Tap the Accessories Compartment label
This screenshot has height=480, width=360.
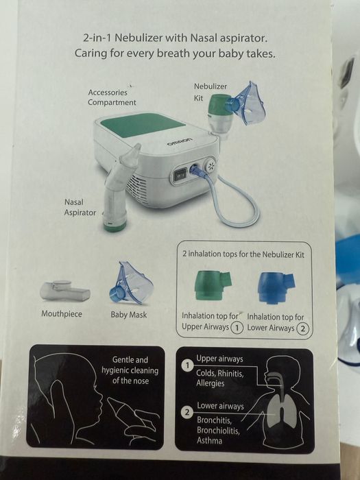(x=112, y=97)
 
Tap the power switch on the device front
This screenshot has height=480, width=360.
(x=181, y=173)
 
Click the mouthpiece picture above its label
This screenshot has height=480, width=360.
(x=64, y=289)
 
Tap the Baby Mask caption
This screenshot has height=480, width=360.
(x=128, y=315)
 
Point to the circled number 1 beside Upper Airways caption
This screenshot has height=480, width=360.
(x=236, y=328)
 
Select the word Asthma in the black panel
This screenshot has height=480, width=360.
(x=209, y=440)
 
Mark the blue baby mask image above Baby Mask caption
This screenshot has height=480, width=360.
(x=128, y=284)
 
